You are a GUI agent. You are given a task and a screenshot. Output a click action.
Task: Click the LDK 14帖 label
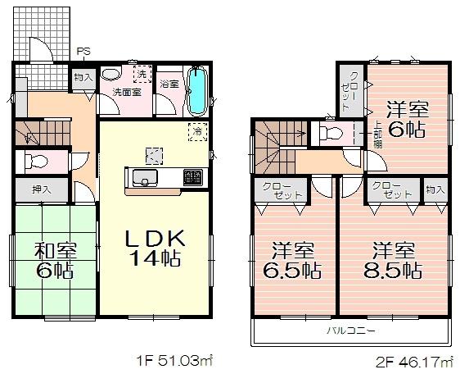pos(156,247)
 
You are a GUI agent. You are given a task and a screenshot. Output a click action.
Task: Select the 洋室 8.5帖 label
pos(395,258)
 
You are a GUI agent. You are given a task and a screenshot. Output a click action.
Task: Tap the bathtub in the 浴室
pos(196,92)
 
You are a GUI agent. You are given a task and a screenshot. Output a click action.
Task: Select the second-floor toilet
pos(331,132)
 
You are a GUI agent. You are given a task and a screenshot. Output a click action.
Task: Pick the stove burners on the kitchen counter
pos(192,177)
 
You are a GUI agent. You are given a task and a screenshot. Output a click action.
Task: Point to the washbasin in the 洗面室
pos(111,75)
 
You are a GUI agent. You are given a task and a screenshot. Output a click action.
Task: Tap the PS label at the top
pos(83,52)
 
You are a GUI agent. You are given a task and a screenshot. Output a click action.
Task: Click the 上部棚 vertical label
pos(377,134)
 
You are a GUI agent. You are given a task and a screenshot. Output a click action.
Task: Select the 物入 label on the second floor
pos(435,190)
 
